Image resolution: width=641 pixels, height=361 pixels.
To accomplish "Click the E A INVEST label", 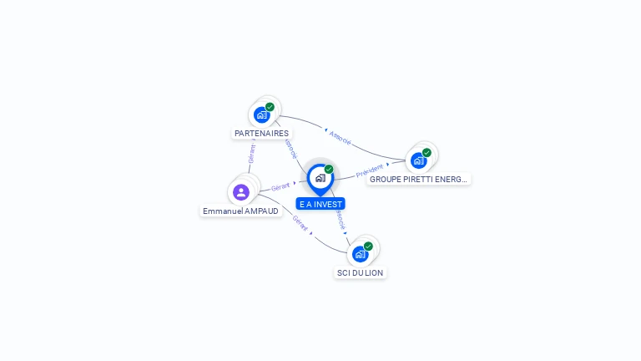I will coord(320,204).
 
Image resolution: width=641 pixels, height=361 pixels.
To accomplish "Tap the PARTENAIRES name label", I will coord(261,134).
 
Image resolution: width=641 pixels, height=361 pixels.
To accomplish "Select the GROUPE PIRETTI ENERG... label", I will coord(419,179).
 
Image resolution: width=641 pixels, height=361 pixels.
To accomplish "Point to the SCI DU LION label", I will coord(360,273).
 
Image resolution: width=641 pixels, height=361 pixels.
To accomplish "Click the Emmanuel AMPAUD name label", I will coord(240,211).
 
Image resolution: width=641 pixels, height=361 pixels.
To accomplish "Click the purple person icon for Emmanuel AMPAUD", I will coord(241,192).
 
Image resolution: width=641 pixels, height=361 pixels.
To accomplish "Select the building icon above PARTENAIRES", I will coord(262,114).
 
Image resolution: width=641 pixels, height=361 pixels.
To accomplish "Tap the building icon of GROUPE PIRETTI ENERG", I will coord(418,160).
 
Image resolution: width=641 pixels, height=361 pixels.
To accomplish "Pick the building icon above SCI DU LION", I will coord(360,253).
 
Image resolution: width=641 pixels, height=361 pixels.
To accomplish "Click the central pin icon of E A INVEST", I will coord(320,178).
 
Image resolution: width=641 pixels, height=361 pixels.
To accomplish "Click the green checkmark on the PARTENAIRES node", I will coord(270,107).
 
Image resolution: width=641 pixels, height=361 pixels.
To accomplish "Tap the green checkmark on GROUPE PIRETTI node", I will coord(426,152).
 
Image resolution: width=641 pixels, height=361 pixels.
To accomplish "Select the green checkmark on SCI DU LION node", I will coord(368,246).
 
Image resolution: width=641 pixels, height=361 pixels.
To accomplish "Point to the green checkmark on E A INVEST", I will coord(329,170).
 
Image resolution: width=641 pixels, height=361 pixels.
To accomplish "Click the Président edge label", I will coord(369,171).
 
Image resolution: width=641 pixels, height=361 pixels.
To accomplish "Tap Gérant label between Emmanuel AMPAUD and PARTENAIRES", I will coord(251,154).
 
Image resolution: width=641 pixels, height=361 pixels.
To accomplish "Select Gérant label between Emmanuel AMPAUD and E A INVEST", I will coord(280,187).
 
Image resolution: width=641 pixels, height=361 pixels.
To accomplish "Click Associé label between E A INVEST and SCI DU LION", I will coord(341,220).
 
